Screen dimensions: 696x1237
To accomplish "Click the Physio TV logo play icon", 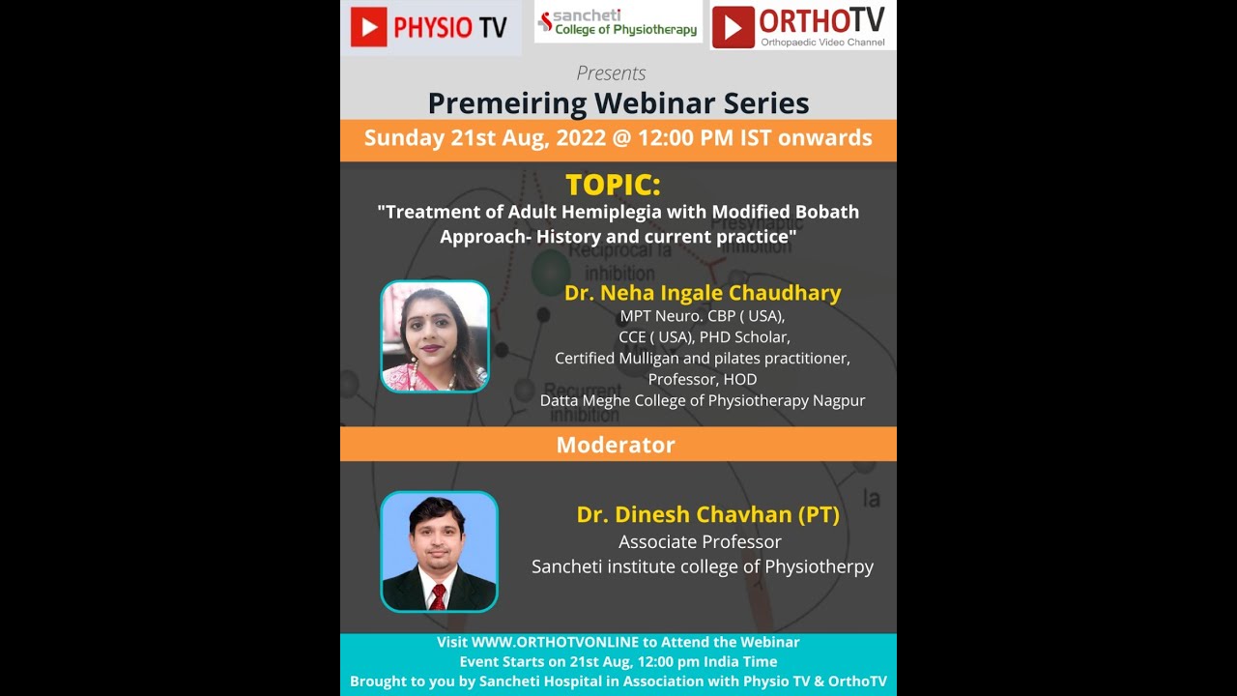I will pyautogui.click(x=367, y=27).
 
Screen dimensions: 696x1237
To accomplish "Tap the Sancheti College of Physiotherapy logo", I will pyautogui.click(x=618, y=22).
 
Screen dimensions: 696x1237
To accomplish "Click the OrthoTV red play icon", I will pyautogui.click(x=733, y=27).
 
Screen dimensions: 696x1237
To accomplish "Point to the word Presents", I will pyautogui.click(x=611, y=73).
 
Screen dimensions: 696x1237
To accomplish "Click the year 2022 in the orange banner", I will pyautogui.click(x=580, y=138).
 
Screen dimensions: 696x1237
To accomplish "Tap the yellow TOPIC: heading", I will pyautogui.click(x=613, y=185).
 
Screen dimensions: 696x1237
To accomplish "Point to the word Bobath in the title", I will pyautogui.click(x=824, y=212).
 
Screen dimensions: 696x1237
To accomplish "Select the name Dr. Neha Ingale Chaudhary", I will pyautogui.click(x=703, y=293).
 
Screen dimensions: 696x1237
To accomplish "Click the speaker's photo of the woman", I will pyautogui.click(x=435, y=336).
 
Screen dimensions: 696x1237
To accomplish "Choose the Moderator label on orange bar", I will pyautogui.click(x=616, y=446).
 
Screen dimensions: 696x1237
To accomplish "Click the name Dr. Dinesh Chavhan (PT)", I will pyautogui.click(x=707, y=515).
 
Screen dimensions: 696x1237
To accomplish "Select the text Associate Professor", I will pyautogui.click(x=700, y=542).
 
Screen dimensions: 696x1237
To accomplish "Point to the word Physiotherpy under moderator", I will pyautogui.click(x=819, y=567).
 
